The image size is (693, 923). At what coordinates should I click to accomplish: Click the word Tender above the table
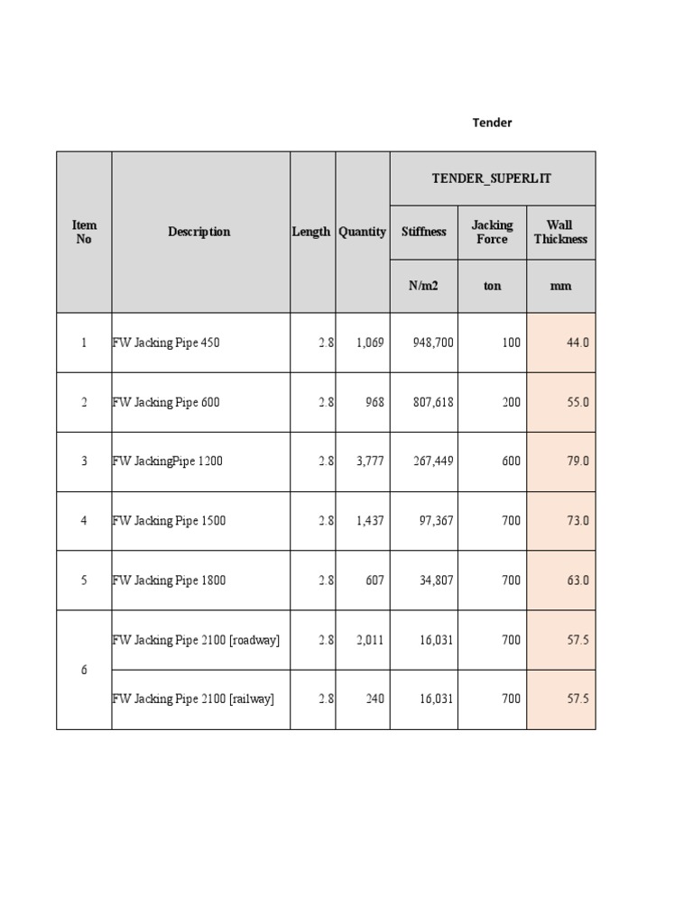492,123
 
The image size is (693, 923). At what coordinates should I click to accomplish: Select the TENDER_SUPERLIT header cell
492,178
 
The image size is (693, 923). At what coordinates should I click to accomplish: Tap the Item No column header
84,233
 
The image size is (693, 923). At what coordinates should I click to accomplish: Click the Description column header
199,232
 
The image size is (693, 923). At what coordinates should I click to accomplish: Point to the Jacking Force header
492,233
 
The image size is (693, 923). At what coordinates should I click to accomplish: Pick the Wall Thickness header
560,233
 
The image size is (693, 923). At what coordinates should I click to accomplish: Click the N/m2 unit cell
423,286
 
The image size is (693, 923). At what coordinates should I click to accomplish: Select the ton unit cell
492,286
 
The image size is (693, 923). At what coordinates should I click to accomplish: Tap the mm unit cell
560,286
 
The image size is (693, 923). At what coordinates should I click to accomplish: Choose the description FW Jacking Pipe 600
166,402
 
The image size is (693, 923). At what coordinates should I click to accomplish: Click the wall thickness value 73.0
577,521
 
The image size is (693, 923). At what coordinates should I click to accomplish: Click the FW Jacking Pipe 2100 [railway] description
193,699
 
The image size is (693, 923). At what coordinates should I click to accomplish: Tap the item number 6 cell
84,670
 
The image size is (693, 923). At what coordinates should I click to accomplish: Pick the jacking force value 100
512,343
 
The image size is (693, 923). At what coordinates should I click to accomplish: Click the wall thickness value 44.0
577,343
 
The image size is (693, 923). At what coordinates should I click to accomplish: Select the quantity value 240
374,699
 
